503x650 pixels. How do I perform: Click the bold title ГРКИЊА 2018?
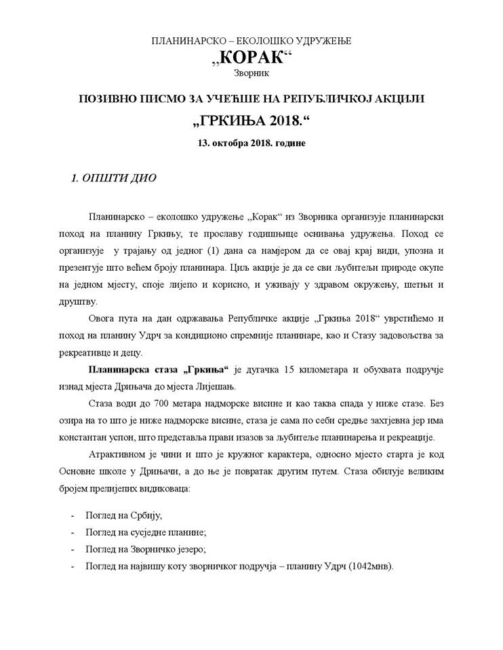click(x=250, y=122)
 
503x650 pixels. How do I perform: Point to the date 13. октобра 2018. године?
click(x=251, y=145)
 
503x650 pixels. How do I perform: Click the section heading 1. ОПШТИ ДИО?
click(x=114, y=179)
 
